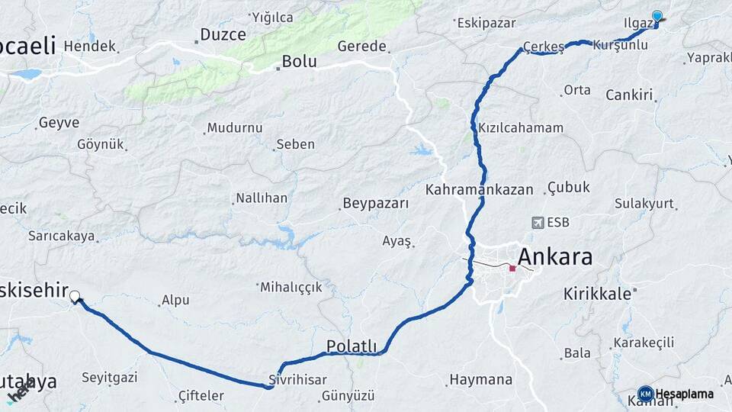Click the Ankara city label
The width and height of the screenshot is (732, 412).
[554, 256]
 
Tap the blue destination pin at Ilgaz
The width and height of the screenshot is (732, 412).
[657, 17]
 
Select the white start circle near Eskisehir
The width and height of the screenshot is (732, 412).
[75, 296]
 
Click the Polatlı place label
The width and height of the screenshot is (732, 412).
[352, 346]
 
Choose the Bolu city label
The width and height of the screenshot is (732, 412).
[299, 62]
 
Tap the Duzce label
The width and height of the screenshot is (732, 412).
[223, 34]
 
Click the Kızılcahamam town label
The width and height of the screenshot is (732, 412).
[521, 128]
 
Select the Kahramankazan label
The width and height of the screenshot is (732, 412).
[480, 190]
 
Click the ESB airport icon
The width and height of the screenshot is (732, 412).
[538, 223]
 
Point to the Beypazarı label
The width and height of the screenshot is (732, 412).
[376, 204]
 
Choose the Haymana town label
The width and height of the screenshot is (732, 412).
[480, 379]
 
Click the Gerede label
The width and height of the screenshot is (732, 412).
[362, 46]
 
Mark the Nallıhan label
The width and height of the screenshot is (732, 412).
[262, 198]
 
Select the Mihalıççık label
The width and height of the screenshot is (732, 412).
[291, 288]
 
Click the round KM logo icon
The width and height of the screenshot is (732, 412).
[645, 394]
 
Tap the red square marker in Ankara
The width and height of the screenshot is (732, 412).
[512, 269]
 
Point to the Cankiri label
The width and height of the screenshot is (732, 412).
[630, 95]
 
